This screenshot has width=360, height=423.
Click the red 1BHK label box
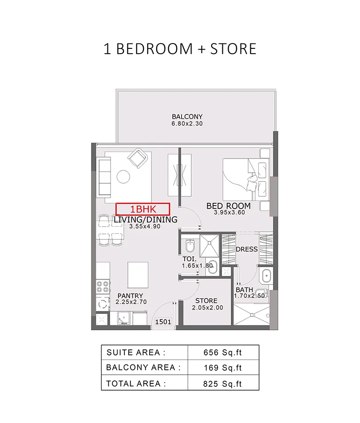142,209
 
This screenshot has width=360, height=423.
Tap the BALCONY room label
187,117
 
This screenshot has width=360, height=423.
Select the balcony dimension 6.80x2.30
187,124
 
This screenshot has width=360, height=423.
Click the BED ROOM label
229,206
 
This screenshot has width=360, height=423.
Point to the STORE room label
206,301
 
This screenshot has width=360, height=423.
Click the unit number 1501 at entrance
163,322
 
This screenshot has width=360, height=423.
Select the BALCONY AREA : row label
143,368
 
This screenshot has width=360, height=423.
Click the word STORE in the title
233,48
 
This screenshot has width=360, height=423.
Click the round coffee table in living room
124,176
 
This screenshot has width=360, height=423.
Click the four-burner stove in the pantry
103,287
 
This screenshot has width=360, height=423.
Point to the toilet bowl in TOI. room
190,245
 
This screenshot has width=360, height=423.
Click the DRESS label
246,249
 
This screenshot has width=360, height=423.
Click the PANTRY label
130,296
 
